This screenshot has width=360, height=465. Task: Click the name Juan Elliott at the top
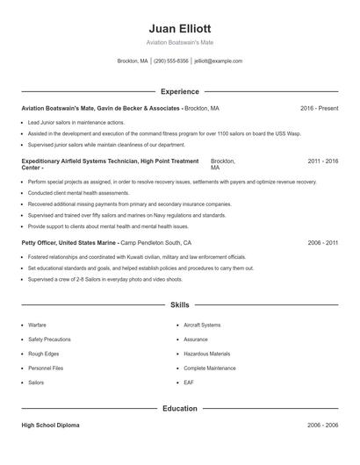coord(180,28)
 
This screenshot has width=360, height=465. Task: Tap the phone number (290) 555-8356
coord(171,61)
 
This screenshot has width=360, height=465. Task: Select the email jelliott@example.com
coord(218,61)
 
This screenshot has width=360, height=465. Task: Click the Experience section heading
coord(180,91)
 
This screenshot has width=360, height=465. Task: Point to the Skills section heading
coord(180,305)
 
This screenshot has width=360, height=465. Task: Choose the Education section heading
coord(180,408)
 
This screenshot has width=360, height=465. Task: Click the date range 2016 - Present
coord(319,108)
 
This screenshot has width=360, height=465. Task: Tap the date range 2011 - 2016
coord(322,161)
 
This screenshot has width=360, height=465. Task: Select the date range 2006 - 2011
coord(322,242)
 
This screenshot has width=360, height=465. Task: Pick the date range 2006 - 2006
coord(322,425)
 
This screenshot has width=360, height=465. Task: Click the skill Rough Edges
coord(44,354)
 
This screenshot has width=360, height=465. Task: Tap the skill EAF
coord(189,383)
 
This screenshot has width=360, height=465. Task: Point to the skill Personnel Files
coord(46,368)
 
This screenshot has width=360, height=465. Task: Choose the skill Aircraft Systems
coord(202,325)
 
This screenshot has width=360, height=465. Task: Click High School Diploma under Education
coord(50,425)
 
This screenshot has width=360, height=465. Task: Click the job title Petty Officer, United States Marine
coord(69,242)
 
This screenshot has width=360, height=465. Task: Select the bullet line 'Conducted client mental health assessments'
coord(79,192)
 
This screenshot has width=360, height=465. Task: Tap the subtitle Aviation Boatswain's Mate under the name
coord(180,42)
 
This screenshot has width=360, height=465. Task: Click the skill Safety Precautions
coord(49,339)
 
